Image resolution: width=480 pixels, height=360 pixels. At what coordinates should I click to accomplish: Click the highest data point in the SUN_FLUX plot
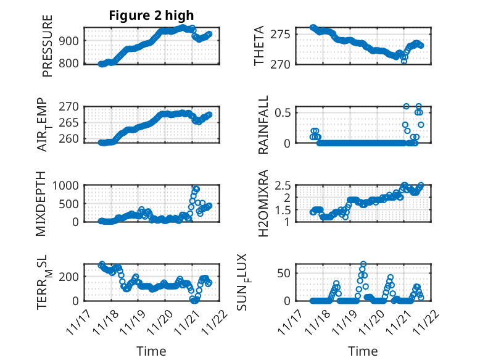click(363, 264)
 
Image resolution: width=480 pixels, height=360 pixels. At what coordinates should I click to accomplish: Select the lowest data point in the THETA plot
click(404, 61)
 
